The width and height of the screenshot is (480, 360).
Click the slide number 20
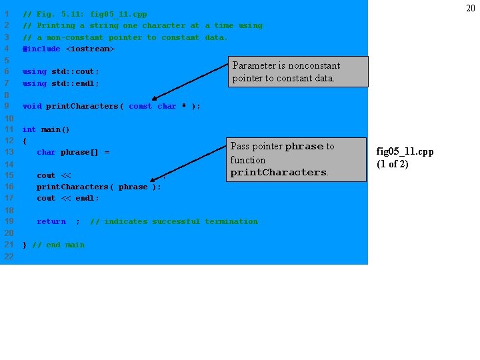pos(470,8)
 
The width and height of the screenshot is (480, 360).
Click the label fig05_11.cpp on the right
pos(405,152)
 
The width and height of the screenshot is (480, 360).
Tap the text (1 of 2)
pos(392,164)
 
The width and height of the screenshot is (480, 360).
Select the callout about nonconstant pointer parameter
pos(299,72)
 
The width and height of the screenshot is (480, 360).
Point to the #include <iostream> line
pos(69,49)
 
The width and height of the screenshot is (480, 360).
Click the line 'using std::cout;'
pos(61,71)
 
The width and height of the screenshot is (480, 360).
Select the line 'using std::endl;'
pos(61,83)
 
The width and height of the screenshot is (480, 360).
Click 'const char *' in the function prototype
pos(157,106)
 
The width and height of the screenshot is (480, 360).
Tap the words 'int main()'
pos(46,129)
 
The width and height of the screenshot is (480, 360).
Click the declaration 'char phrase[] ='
pos(73,153)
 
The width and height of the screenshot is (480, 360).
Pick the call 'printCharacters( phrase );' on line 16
pos(99,187)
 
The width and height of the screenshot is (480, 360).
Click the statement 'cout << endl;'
pos(68,198)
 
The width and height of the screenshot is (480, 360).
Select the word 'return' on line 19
pos(51,221)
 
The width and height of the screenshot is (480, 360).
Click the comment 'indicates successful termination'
pos(180,221)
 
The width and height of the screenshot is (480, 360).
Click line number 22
pos(9,257)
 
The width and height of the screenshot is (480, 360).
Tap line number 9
pos(7,106)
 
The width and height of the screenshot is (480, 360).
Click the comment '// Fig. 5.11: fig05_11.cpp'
pos(85,14)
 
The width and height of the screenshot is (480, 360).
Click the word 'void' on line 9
pos(31,106)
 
